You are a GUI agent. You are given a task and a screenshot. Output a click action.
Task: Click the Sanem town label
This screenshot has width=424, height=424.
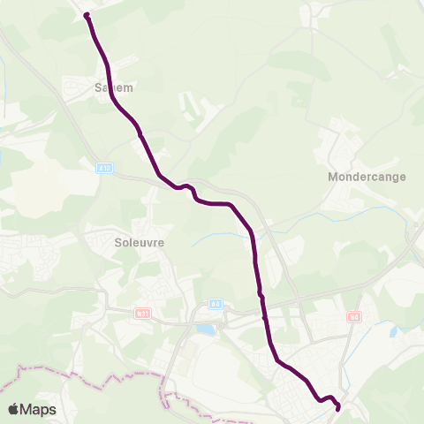110,87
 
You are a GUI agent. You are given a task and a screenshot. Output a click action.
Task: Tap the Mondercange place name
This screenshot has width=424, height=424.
367,177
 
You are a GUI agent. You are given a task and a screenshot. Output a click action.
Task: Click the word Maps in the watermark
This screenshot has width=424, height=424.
39,410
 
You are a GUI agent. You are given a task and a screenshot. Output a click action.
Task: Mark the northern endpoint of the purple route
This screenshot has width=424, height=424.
87,15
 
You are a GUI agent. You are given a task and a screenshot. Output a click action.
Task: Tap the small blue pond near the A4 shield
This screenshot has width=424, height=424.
205,329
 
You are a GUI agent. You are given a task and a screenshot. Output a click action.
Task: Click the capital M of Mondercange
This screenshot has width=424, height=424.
333,177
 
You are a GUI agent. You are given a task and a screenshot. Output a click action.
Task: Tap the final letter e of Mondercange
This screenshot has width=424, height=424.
402,177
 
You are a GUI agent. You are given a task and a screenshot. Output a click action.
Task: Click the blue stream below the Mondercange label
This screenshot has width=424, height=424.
353,212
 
